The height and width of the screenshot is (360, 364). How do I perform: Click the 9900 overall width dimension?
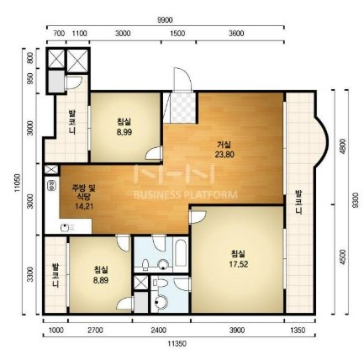point(165,20)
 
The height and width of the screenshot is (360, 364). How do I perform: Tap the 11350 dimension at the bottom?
point(177,343)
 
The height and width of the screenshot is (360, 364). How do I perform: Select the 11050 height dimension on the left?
point(18,183)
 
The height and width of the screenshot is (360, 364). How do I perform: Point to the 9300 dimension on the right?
point(356,200)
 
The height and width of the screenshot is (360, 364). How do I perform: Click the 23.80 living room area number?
point(224,154)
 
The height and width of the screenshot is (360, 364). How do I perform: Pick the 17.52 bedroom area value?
point(239,264)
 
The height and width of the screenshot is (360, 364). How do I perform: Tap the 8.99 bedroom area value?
point(124,132)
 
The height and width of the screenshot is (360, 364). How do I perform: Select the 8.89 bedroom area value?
point(101,280)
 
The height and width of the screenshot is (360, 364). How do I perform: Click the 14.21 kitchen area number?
point(84,206)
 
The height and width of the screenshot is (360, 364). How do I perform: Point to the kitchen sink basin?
point(66,228)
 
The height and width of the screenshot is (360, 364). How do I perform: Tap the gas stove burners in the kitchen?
point(52,185)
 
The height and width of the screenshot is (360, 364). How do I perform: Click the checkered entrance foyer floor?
point(183,108)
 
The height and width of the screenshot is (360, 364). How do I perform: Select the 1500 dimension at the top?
point(177,34)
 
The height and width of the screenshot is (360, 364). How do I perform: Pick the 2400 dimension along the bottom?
point(159,331)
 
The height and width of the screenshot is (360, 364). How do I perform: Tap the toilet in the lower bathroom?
point(160,283)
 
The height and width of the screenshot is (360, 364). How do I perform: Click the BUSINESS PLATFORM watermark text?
point(186,194)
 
